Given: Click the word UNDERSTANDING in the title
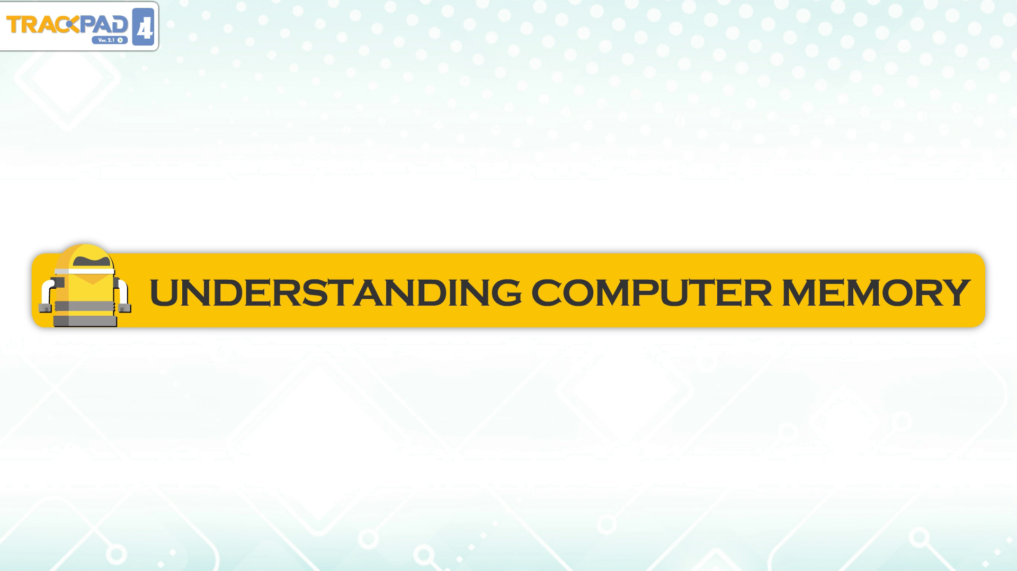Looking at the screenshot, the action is tap(335, 292).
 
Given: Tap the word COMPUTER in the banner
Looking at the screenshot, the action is tap(651, 292).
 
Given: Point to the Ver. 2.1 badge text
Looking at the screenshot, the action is tap(106, 40).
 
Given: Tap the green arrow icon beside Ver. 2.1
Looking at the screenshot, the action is tap(121, 40).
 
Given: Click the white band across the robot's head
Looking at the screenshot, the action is tap(85, 271).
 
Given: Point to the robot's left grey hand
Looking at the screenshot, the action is tap(46, 308).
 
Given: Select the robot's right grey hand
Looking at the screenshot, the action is tap(125, 308).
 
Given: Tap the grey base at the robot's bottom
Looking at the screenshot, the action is tap(85, 321).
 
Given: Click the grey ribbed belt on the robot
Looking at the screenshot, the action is tap(85, 306).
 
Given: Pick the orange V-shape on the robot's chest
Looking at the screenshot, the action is tap(93, 279).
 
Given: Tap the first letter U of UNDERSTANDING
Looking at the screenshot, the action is tap(164, 293).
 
